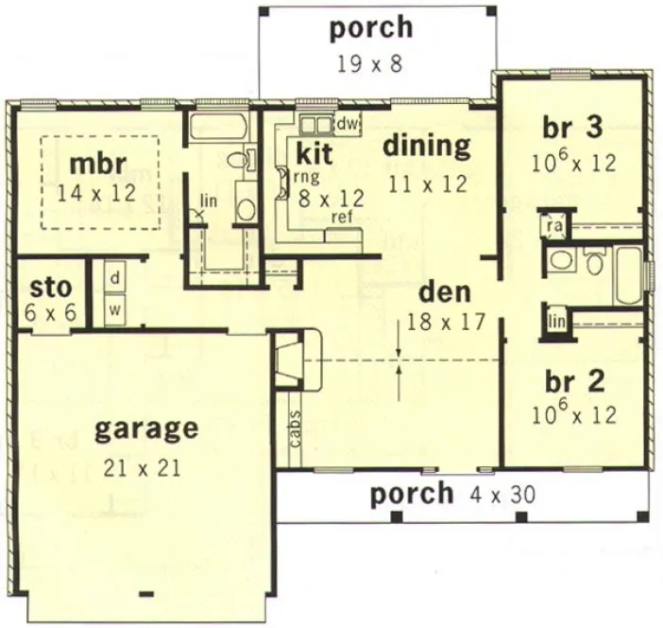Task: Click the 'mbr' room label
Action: pyautogui.click(x=97, y=164)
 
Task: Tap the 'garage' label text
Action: pyautogui.click(x=146, y=430)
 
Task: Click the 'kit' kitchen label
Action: pyautogui.click(x=314, y=153)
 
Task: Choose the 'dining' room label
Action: pyautogui.click(x=426, y=147)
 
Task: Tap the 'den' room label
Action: pyautogui.click(x=446, y=291)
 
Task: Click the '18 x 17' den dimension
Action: pyautogui.click(x=446, y=322)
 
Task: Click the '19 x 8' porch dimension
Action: pyautogui.click(x=370, y=64)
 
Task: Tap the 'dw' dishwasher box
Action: pyautogui.click(x=347, y=124)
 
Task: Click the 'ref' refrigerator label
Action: pyautogui.click(x=341, y=217)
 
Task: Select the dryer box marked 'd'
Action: pyautogui.click(x=114, y=278)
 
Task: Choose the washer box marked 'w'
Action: pyautogui.click(x=114, y=307)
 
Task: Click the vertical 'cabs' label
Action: pyautogui.click(x=294, y=428)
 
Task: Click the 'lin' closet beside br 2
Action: pyautogui.click(x=556, y=322)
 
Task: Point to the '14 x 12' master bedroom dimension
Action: pyautogui.click(x=97, y=193)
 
